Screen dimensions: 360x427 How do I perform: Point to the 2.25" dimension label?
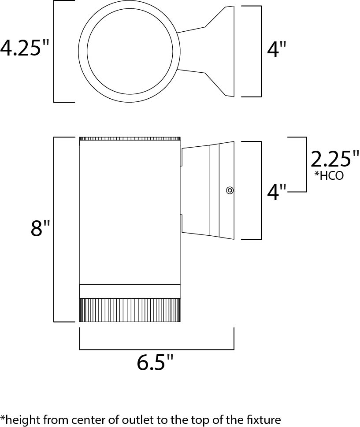tap(335, 160)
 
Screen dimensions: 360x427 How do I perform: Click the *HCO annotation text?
tap(329, 176)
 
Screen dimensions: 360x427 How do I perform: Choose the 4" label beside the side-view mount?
tap(276, 192)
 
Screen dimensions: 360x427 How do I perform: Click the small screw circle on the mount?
tap(230, 190)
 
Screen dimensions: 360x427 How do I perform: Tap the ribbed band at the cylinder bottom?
tap(130, 310)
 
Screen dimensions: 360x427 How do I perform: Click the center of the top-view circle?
tap(130, 51)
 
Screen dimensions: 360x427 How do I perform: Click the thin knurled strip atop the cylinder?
tap(130, 139)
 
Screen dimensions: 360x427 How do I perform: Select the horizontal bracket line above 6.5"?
tap(157, 349)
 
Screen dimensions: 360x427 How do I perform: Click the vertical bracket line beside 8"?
tap(54, 230)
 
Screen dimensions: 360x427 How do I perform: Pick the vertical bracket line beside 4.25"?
tap(54, 51)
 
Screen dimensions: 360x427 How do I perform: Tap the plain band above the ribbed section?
tap(130, 291)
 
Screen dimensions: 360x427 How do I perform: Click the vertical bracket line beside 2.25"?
tap(306, 164)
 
